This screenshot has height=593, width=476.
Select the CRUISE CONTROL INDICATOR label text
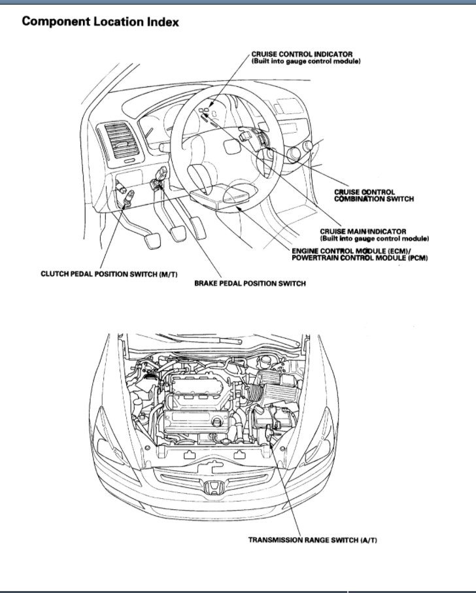302,54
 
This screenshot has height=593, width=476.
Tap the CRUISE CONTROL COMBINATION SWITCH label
373,195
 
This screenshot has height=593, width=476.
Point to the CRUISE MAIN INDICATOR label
363,231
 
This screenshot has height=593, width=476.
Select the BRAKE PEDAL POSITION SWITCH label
250,284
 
